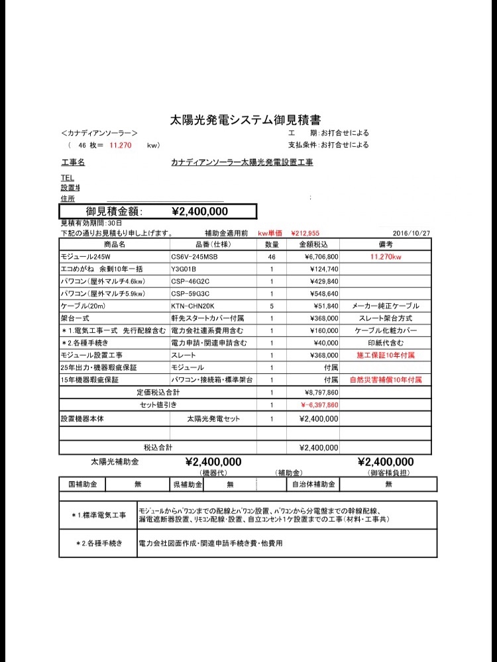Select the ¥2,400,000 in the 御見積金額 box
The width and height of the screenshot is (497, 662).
click(199, 212)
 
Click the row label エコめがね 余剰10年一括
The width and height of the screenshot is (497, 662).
click(102, 269)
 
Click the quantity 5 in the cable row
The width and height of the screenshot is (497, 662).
click(272, 307)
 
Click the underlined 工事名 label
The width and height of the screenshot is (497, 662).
click(72, 162)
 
